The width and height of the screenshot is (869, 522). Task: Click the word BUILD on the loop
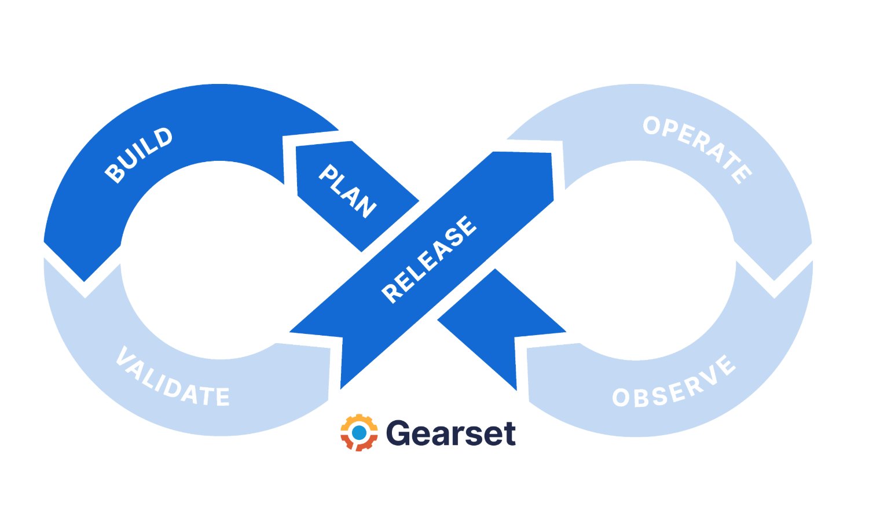139,155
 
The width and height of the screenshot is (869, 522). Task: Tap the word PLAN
348,190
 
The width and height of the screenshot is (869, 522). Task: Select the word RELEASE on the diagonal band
429,259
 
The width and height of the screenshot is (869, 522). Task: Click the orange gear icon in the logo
359,432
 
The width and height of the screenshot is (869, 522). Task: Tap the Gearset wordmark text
450,433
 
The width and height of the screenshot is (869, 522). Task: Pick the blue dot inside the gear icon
359,433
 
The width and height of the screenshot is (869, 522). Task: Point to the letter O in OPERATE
652,126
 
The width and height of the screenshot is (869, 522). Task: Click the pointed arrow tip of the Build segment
85,280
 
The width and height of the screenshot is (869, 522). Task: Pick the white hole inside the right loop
637,260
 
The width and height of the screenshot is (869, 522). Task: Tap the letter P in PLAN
328,173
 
